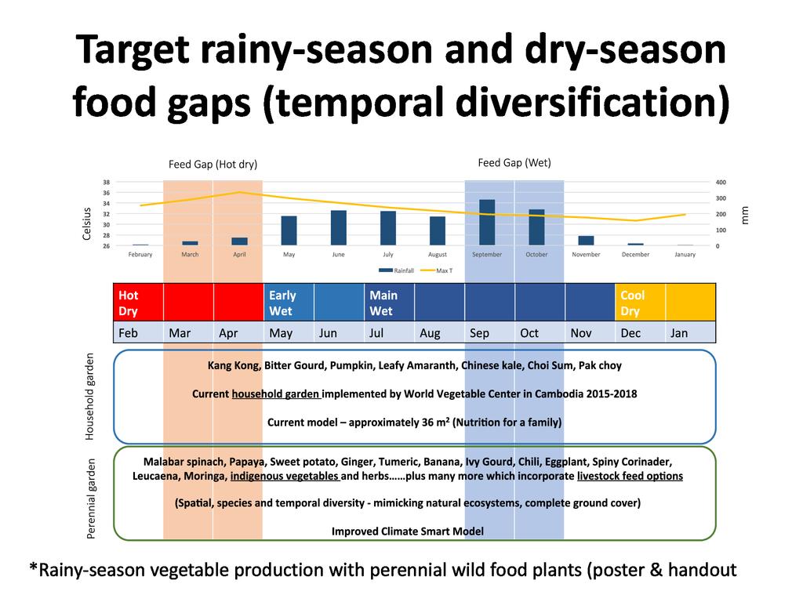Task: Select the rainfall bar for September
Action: click(x=486, y=222)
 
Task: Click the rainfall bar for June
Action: click(x=339, y=228)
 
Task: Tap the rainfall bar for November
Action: click(x=586, y=241)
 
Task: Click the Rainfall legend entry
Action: click(x=396, y=270)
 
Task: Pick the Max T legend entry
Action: click(x=436, y=270)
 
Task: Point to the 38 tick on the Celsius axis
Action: click(x=106, y=182)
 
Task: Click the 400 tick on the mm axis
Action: click(x=721, y=182)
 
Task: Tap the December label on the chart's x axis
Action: click(x=635, y=255)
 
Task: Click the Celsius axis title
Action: click(x=86, y=223)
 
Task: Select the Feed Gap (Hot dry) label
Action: click(x=213, y=165)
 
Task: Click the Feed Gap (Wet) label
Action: click(x=514, y=163)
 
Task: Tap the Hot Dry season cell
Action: click(x=138, y=303)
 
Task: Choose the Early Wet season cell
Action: click(x=289, y=303)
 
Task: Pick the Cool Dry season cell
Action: click(x=640, y=303)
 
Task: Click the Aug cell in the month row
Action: click(x=440, y=332)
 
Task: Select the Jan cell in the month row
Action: click(x=690, y=332)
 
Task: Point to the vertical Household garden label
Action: click(x=89, y=397)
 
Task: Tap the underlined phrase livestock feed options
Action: click(x=630, y=476)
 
